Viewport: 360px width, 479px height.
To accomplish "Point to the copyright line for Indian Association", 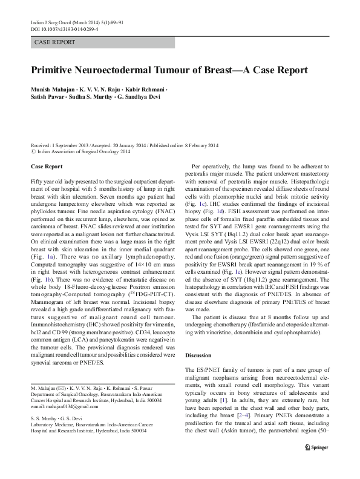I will click(x=80, y=153).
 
